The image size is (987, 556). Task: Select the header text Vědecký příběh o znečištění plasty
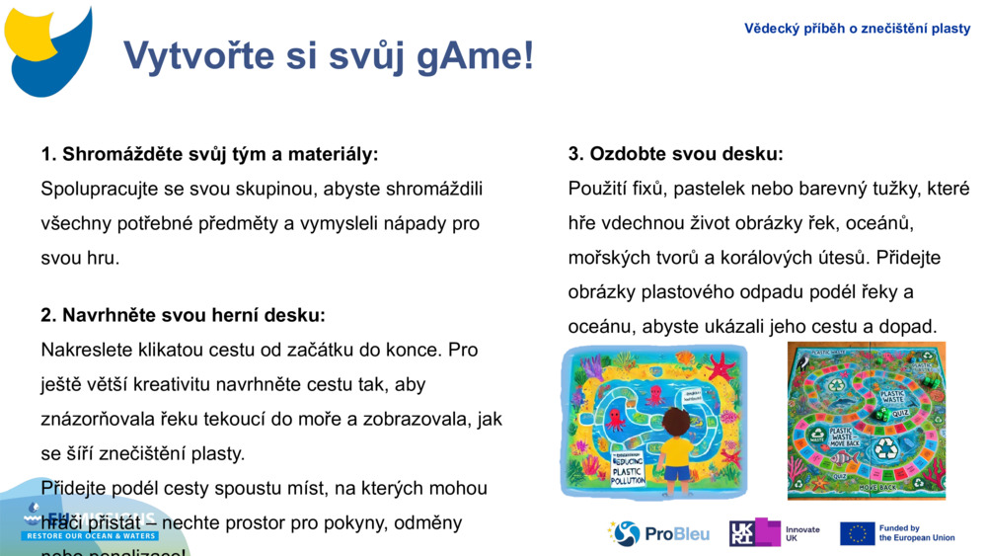[x=857, y=29]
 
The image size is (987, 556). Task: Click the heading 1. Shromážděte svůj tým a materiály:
[x=209, y=154]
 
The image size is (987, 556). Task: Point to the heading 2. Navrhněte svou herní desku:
[x=183, y=315]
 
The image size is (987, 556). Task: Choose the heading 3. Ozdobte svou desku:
[x=675, y=154]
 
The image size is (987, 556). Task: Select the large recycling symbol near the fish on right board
[x=885, y=447]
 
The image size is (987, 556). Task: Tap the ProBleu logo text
[x=676, y=534]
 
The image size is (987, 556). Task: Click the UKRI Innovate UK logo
[x=774, y=533]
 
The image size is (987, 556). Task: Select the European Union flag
[x=857, y=533]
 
